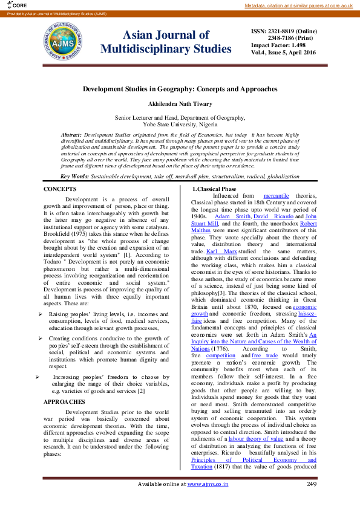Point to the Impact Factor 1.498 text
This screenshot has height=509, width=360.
(x=278, y=45)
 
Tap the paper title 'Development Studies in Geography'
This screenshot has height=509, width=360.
(x=180, y=89)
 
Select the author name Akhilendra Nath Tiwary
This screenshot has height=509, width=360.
(x=180, y=104)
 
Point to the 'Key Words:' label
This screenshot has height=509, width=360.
(x=74, y=177)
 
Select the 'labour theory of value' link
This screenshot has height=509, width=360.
(x=254, y=456)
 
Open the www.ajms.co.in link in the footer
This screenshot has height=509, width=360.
(x=208, y=501)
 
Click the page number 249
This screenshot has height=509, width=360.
(x=312, y=501)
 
